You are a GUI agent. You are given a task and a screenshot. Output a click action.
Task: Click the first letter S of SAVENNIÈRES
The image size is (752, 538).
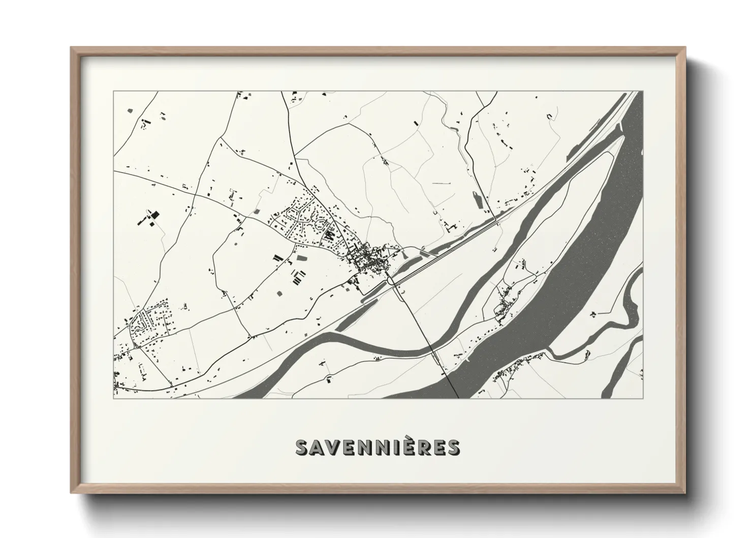click(x=303, y=447)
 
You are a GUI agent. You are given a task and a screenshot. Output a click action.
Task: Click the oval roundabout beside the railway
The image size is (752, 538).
click(x=390, y=280)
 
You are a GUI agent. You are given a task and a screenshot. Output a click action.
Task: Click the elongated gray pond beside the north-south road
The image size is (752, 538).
click(x=477, y=199)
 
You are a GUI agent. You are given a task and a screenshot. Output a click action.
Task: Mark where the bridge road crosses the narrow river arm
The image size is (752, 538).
click(x=432, y=349)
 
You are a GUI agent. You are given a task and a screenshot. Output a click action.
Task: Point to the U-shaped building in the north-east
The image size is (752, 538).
click(x=549, y=116)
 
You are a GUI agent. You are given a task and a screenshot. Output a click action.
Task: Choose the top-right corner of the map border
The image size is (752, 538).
click(x=643, y=92)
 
